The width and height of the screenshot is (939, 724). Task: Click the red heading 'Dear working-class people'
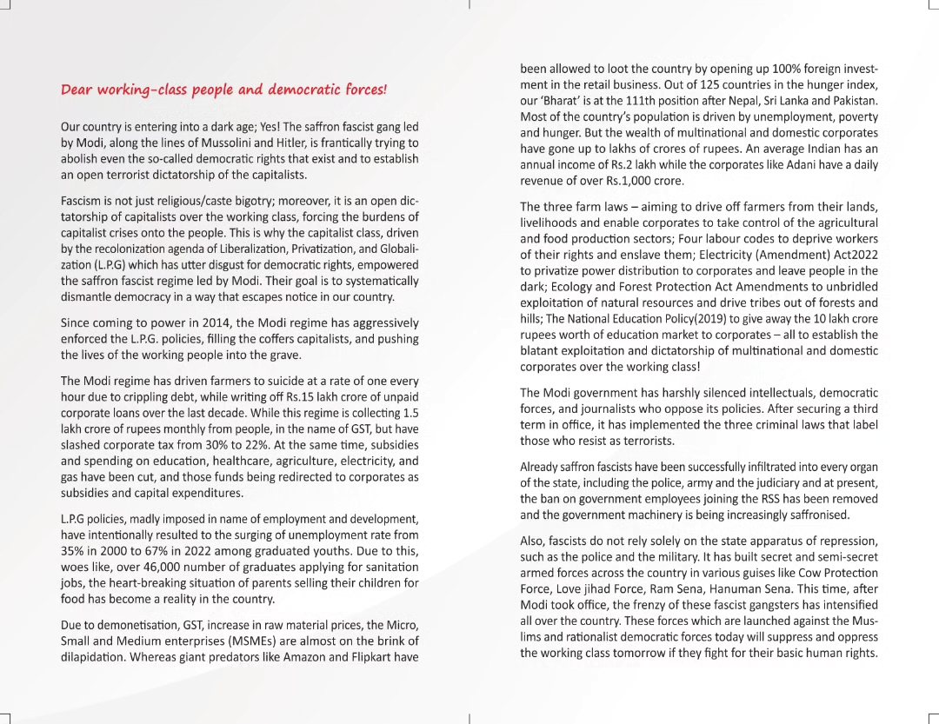pos(224,90)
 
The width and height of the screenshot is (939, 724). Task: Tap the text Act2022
pos(853,255)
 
